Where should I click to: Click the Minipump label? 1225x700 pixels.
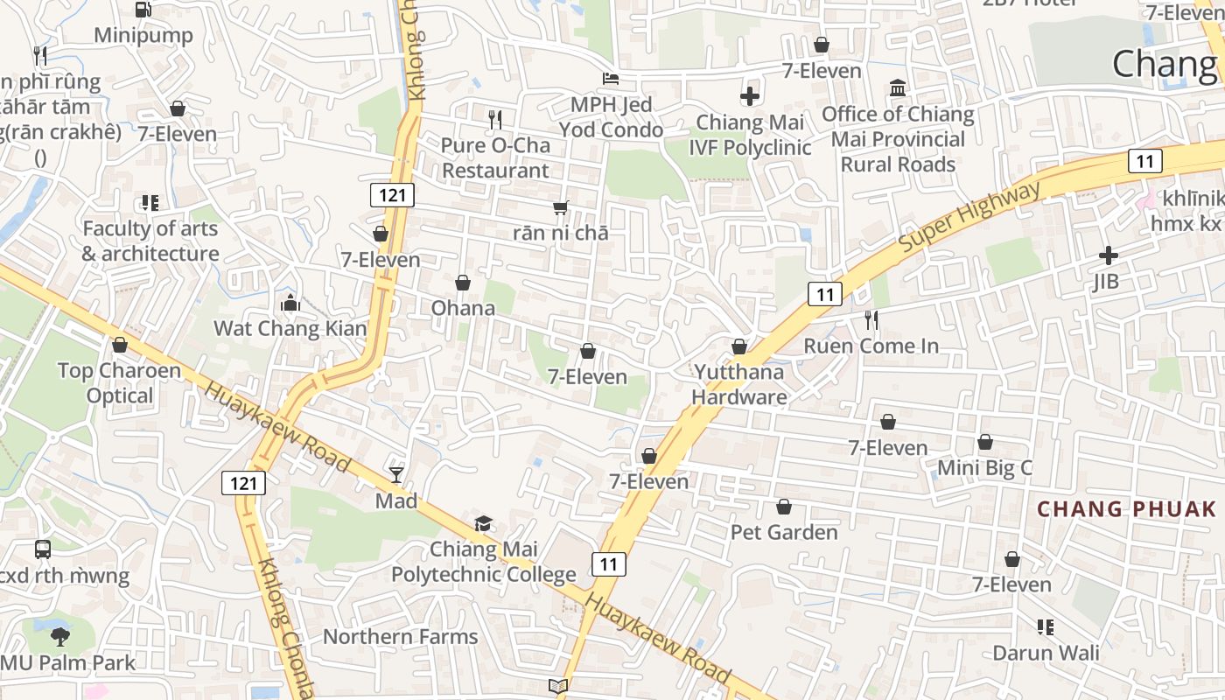[x=143, y=36]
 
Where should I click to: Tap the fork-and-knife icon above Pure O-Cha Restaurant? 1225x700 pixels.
[x=495, y=119]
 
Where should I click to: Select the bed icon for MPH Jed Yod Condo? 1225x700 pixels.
[x=611, y=79]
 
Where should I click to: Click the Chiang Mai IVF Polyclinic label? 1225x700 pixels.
[x=750, y=135]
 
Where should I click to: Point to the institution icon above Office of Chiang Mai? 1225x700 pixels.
[x=898, y=88]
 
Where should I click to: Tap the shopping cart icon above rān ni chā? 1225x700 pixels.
[x=561, y=208]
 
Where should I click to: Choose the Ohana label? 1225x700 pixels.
[x=463, y=308]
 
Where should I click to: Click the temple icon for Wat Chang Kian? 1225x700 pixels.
[x=290, y=304]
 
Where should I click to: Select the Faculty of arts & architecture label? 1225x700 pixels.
[x=150, y=241]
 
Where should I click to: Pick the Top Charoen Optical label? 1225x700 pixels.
[x=120, y=382]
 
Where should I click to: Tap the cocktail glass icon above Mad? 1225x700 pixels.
[x=396, y=475]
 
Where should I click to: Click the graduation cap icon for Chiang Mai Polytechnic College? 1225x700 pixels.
[x=483, y=524]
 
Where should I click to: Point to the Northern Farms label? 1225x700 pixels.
[x=401, y=636]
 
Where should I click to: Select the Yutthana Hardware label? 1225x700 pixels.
[x=739, y=384]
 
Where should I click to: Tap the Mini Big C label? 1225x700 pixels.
[x=984, y=467]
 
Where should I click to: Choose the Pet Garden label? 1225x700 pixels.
[x=784, y=532]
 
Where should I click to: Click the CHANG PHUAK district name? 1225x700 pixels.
[x=1126, y=509]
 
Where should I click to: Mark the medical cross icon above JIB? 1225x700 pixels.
[x=1108, y=255]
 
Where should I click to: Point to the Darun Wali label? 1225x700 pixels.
[x=1046, y=653]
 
